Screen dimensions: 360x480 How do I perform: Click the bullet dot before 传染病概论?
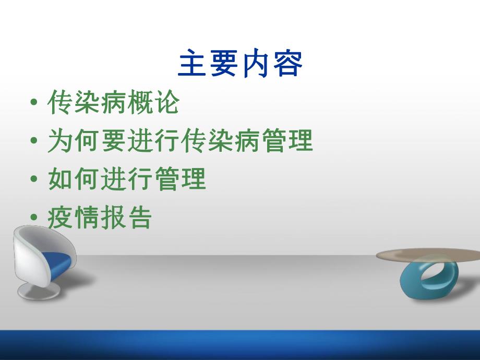coord(34,103)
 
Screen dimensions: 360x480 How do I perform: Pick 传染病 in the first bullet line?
coord(86,103)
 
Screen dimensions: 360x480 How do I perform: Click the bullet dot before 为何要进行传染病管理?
coord(34,142)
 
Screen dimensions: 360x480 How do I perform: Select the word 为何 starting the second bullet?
coord(73,141)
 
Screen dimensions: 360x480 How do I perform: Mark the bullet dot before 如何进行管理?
coord(34,181)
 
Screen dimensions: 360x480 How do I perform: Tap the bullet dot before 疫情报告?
coord(34,219)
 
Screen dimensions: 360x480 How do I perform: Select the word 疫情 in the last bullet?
coord(73,219)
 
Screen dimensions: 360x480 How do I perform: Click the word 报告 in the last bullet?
coord(126,219)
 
